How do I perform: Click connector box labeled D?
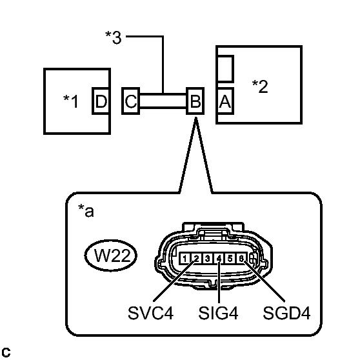(101, 101)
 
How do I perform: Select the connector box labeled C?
(130, 101)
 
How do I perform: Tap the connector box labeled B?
(195, 101)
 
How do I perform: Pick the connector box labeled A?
(225, 101)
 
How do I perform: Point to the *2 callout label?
(260, 86)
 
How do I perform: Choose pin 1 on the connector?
(185, 259)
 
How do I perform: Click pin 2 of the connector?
(195, 259)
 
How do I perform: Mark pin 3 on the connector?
(207, 259)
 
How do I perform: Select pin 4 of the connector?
(219, 259)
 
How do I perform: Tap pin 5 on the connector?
(230, 259)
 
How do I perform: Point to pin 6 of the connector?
(241, 259)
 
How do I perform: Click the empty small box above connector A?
(225, 67)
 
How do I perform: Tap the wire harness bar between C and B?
(162, 101)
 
